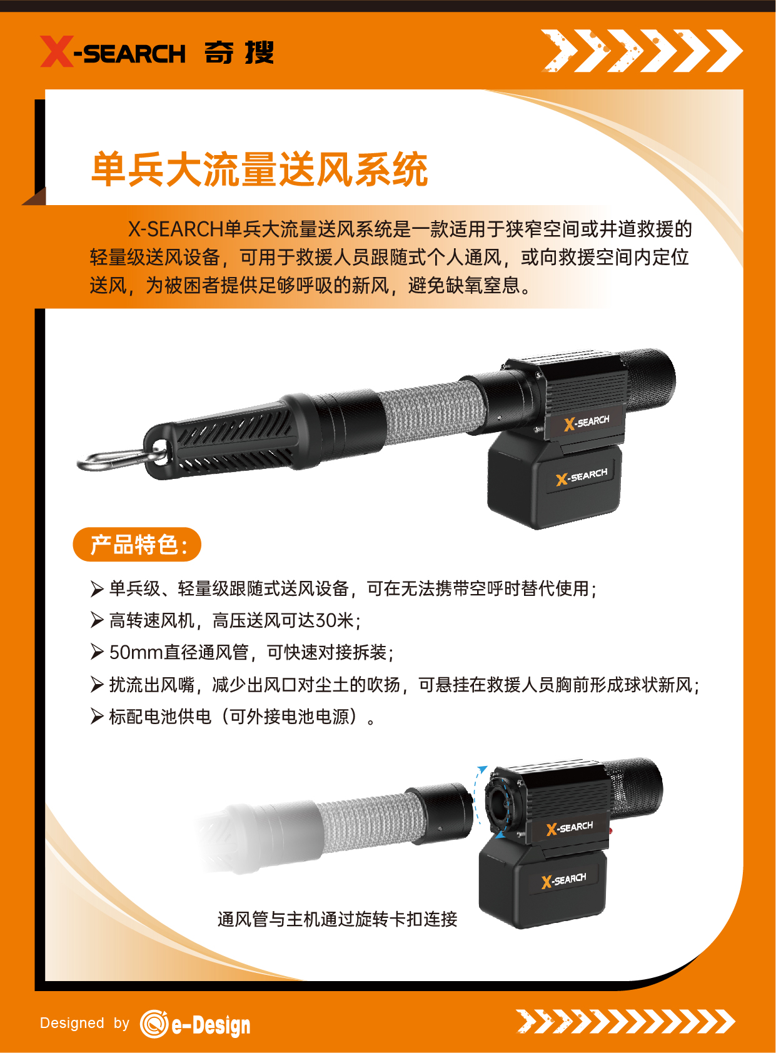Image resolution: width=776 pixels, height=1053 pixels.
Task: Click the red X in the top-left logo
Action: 57,51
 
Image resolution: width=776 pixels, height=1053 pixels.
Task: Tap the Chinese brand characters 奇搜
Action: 239,52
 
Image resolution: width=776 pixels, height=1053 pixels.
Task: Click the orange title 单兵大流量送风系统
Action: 259,169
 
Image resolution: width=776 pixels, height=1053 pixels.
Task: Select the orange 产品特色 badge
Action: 137,545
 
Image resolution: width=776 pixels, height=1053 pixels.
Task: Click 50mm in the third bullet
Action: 136,652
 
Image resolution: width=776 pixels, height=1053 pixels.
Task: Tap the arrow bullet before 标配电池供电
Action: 97,717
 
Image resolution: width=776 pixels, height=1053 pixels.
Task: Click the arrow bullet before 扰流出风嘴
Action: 97,685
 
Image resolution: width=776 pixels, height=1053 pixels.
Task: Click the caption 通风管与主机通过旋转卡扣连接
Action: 337,919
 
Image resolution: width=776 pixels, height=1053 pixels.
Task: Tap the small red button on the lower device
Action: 611,830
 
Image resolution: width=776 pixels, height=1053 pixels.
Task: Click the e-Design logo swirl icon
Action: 154,1023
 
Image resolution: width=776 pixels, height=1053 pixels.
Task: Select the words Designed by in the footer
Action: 84,1023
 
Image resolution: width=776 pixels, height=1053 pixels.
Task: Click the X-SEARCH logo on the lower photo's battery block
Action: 563,880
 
